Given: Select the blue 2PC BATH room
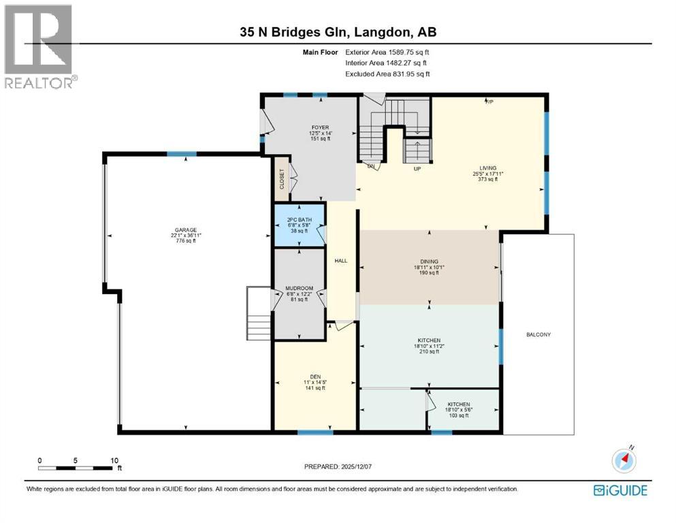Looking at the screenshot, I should tap(298, 225).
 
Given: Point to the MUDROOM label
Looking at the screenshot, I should tap(299, 288).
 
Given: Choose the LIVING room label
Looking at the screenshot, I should tap(487, 168).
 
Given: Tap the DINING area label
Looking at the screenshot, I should tap(429, 249).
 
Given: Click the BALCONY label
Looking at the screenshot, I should tap(538, 334).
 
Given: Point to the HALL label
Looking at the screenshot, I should tap(341, 260).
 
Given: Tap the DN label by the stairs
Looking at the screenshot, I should tap(371, 166).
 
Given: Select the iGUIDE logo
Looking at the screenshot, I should tap(620, 490).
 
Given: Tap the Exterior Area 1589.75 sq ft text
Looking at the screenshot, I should tap(387, 52).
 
